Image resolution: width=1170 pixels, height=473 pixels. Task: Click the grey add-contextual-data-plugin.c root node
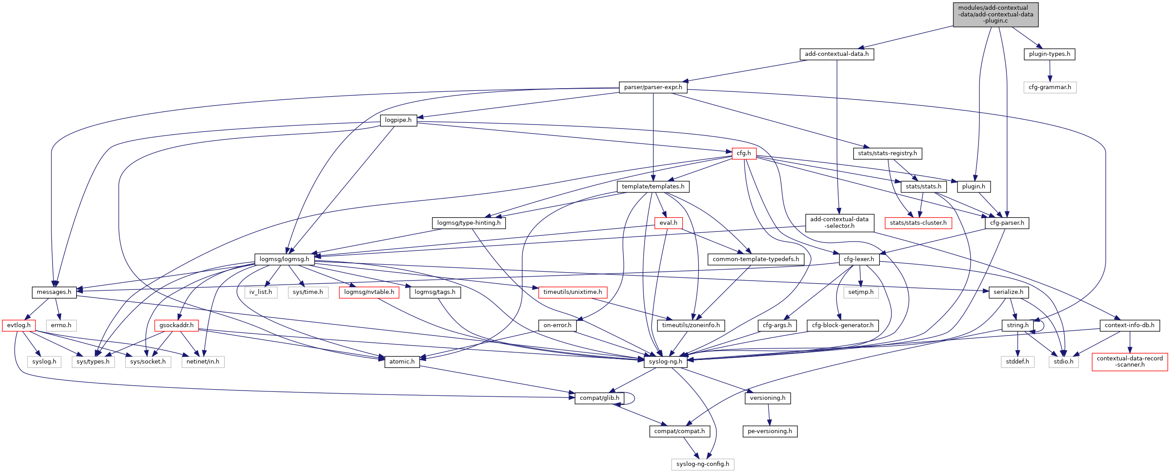(x=995, y=14)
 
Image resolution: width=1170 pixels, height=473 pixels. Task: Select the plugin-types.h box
(x=1049, y=54)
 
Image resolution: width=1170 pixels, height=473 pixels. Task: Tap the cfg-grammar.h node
(x=1050, y=87)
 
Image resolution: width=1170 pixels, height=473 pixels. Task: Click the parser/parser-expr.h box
(x=653, y=87)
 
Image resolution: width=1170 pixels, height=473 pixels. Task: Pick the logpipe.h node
(x=398, y=121)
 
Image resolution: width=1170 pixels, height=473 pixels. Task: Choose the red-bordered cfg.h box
(x=743, y=153)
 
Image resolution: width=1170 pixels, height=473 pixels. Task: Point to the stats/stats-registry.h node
(x=887, y=153)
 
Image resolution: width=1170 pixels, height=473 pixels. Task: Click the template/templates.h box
(x=653, y=187)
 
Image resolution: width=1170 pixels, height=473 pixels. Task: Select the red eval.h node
(x=668, y=223)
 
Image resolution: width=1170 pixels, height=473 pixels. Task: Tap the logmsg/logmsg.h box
(x=284, y=259)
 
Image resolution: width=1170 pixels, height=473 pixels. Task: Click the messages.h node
(x=54, y=292)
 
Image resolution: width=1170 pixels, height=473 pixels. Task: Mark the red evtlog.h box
(x=19, y=325)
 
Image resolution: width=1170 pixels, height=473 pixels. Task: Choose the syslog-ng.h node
(x=665, y=362)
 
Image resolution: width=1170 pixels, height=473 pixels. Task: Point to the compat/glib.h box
(x=599, y=398)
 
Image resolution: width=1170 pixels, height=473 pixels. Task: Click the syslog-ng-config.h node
(x=702, y=464)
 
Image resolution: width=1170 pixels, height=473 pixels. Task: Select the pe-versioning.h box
(x=770, y=431)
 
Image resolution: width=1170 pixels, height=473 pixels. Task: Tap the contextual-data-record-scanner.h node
(x=1129, y=362)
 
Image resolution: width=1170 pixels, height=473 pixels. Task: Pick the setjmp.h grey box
(x=861, y=292)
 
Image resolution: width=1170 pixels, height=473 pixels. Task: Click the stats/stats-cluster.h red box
(x=918, y=223)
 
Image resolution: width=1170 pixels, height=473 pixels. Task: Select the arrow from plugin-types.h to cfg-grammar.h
(x=1050, y=71)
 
